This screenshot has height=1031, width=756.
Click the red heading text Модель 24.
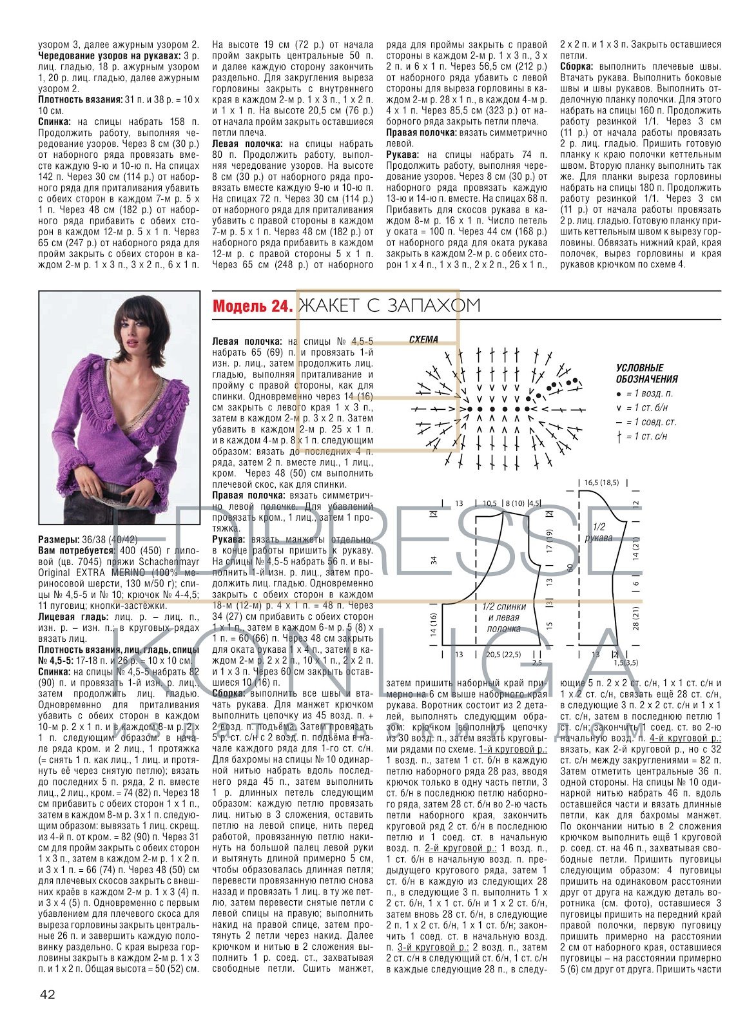pyautogui.click(x=252, y=307)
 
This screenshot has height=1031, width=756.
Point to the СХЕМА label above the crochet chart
pyautogui.click(x=423, y=340)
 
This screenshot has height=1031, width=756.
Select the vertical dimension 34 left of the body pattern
pyautogui.click(x=434, y=560)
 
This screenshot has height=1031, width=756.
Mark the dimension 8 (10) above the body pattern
pyautogui.click(x=515, y=503)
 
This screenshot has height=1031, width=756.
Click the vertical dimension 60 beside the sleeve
pyautogui.click(x=570, y=568)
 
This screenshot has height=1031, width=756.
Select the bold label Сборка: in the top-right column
pyautogui.click(x=578, y=66)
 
